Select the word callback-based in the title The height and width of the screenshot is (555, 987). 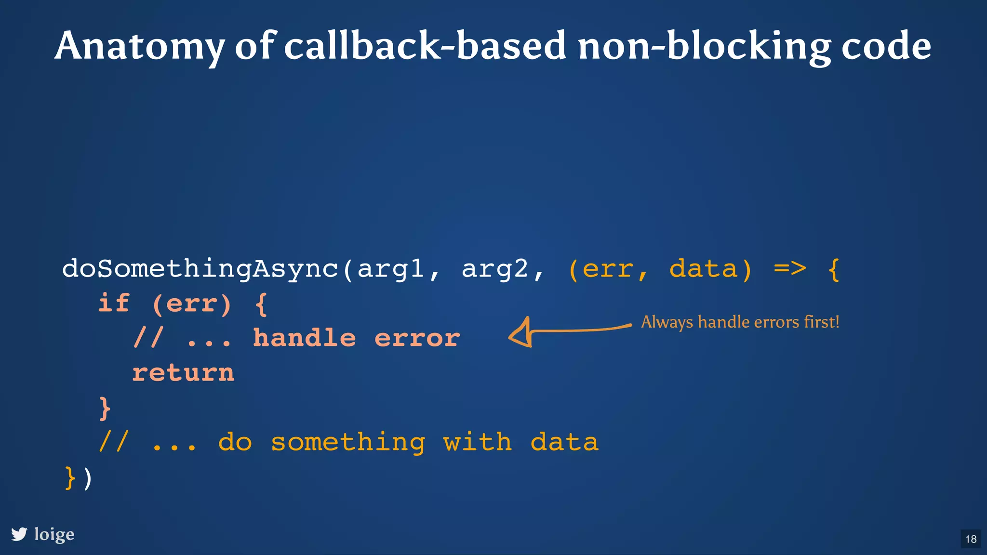point(424,46)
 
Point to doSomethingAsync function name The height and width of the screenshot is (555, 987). point(200,269)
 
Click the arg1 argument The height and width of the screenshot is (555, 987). point(390,269)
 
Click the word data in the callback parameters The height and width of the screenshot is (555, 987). point(703,268)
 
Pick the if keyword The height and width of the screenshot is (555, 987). point(114,303)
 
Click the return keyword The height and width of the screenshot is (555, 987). point(183,373)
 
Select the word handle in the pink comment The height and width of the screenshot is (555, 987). point(305,338)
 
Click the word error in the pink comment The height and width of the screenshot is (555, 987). point(417,339)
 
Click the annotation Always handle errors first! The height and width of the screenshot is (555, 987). point(740,322)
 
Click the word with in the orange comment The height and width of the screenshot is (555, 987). point(477,442)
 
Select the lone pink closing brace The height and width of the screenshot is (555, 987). point(105,408)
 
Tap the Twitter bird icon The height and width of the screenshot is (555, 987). point(19,534)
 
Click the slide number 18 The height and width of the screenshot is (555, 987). point(971,539)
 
